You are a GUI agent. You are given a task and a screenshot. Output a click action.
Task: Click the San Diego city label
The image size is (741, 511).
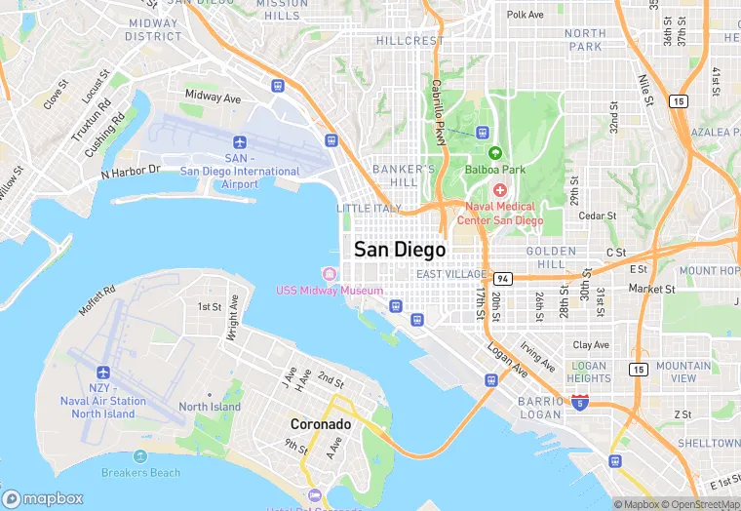[400, 249]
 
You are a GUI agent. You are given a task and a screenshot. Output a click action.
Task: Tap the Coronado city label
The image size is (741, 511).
[320, 425]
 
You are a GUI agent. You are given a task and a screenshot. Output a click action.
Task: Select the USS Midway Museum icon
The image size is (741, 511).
[330, 273]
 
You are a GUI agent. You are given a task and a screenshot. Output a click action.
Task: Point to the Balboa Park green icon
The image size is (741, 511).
[494, 153]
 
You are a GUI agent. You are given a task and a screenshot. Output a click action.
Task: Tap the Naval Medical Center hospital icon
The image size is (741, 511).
[500, 189]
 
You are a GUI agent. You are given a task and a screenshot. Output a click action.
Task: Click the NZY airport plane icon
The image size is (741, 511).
[102, 372]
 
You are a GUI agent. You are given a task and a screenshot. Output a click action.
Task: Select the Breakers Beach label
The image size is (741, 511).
[140, 473]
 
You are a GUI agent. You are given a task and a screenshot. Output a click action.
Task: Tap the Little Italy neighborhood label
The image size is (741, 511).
[369, 209]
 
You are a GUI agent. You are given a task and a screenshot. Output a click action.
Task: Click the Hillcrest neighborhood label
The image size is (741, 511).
[409, 41]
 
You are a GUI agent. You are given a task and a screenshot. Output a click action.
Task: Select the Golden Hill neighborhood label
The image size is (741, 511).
[551, 257]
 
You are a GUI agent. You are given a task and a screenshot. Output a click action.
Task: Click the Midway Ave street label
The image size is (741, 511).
[213, 98]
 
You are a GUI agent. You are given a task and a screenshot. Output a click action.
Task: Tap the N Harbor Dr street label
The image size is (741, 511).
[130, 171]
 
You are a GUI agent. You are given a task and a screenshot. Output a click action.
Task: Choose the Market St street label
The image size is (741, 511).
[651, 289]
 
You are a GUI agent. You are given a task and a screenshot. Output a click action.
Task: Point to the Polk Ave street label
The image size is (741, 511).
[525, 15]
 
